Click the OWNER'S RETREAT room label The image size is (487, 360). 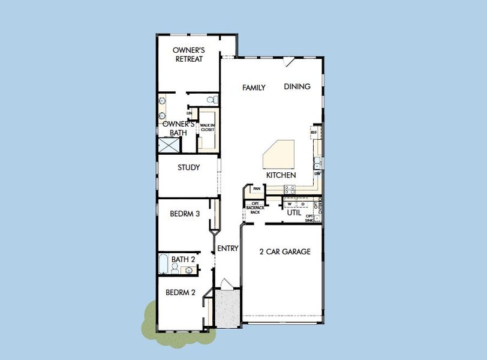pyautogui.click(x=188, y=55)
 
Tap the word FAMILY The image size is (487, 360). pyautogui.click(x=254, y=88)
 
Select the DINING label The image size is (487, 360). pyautogui.click(x=297, y=86)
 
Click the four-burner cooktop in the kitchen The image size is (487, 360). pyautogui.click(x=289, y=189)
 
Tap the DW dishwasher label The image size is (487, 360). pyautogui.click(x=317, y=173)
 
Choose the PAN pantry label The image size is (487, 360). pyautogui.click(x=256, y=189)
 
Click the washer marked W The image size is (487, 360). pyautogui.click(x=279, y=204)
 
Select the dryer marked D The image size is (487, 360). pyautogui.click(x=294, y=204)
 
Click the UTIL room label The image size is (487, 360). pyautogui.click(x=294, y=213)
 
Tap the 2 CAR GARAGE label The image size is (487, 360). pyautogui.click(x=285, y=252)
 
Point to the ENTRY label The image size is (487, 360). pyautogui.click(x=228, y=248)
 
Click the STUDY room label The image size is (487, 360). pyautogui.click(x=188, y=168)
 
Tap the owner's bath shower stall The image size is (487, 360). pyautogui.click(x=169, y=146)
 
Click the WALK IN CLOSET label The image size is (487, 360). pyautogui.click(x=208, y=127)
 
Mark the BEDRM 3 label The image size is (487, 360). pyautogui.click(x=185, y=214)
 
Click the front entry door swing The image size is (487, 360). pyautogui.click(x=224, y=284)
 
